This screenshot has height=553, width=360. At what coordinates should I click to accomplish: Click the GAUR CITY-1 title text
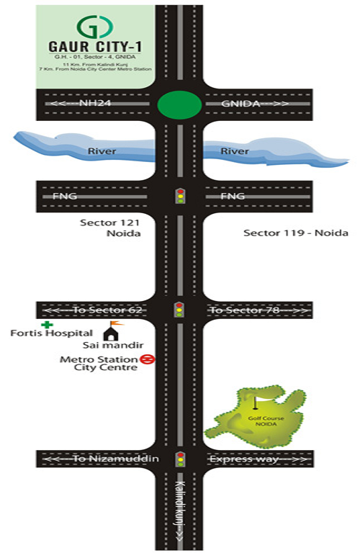(94, 48)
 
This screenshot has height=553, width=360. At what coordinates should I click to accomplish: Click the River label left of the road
(102, 151)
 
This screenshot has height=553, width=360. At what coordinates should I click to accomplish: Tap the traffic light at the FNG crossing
(179, 195)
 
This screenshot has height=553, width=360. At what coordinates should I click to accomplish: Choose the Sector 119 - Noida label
(295, 233)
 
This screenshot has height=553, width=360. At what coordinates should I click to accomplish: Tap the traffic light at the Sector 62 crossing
(179, 310)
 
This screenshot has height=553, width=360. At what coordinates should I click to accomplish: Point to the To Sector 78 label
(242, 310)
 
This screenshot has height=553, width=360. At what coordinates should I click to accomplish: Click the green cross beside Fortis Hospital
(47, 325)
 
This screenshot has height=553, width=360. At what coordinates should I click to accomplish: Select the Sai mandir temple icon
(112, 333)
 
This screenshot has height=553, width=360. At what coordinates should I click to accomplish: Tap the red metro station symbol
(144, 359)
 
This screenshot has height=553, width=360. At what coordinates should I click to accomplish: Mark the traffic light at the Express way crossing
(179, 459)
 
